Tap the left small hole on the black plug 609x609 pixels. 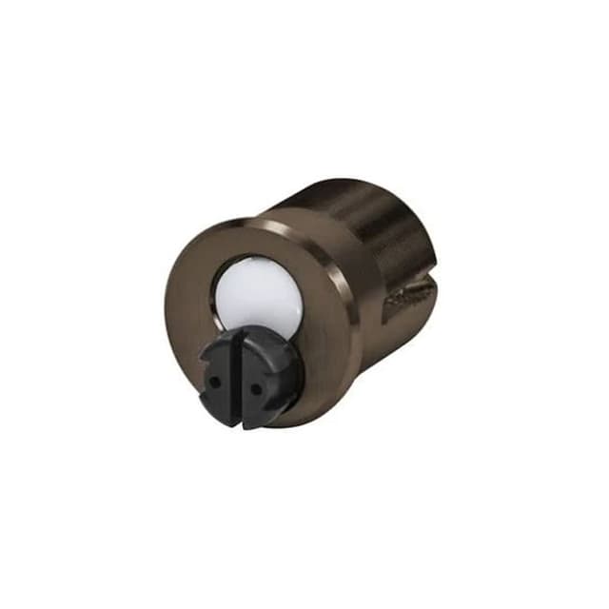[x=216, y=378]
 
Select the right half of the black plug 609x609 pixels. [x=265, y=376]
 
